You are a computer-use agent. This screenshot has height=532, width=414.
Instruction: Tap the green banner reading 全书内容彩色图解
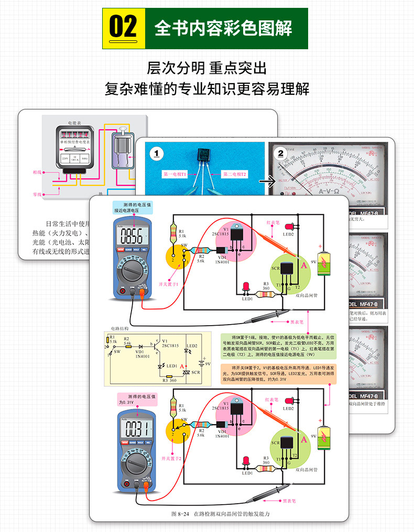(x=223, y=28)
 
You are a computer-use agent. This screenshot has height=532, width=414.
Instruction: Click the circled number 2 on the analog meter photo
(x=280, y=153)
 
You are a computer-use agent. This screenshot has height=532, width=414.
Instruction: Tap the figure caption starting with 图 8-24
(x=220, y=514)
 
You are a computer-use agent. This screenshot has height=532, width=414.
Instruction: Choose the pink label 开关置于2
(x=169, y=458)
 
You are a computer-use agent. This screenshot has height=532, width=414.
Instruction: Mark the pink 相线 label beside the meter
(x=37, y=172)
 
